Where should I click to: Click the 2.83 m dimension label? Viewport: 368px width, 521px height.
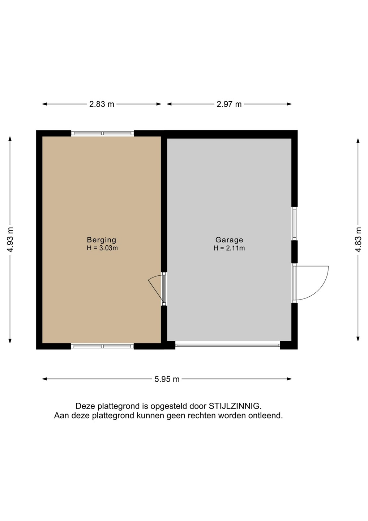(x=102, y=104)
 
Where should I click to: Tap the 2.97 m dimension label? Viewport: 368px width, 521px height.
(x=229, y=104)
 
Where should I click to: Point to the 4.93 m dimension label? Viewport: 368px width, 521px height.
(x=10, y=240)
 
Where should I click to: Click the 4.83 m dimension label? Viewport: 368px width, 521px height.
(x=359, y=240)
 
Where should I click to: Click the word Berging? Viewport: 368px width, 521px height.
(x=102, y=240)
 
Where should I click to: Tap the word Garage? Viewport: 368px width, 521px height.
(x=229, y=240)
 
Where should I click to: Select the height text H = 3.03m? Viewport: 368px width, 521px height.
(x=102, y=248)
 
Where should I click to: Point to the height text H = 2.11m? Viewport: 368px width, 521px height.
(x=229, y=248)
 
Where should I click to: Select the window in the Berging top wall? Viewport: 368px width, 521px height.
(x=102, y=133)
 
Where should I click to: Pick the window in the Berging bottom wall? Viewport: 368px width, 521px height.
(x=102, y=346)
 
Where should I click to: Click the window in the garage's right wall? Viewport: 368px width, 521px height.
(x=295, y=224)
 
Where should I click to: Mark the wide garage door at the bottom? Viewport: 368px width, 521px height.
(x=228, y=346)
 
